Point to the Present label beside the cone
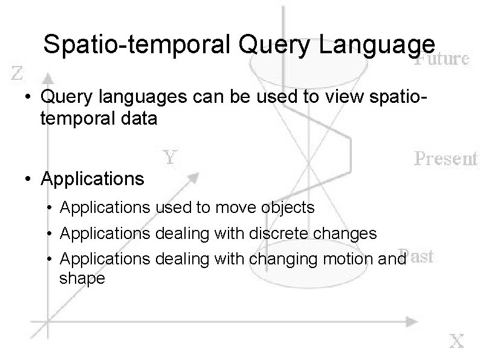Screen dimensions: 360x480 pos(446,159)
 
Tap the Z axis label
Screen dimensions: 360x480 pos(18,74)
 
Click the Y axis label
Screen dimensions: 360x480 pos(171,158)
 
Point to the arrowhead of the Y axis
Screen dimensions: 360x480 pos(195,175)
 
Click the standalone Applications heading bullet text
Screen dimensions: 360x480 pos(92,179)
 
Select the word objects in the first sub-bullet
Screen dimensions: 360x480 pos(289,208)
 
